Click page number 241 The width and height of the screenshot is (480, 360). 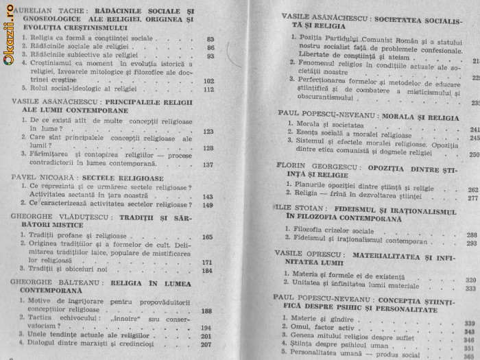472,129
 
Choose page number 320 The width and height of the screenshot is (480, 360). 471,279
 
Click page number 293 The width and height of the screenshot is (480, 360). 472,242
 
